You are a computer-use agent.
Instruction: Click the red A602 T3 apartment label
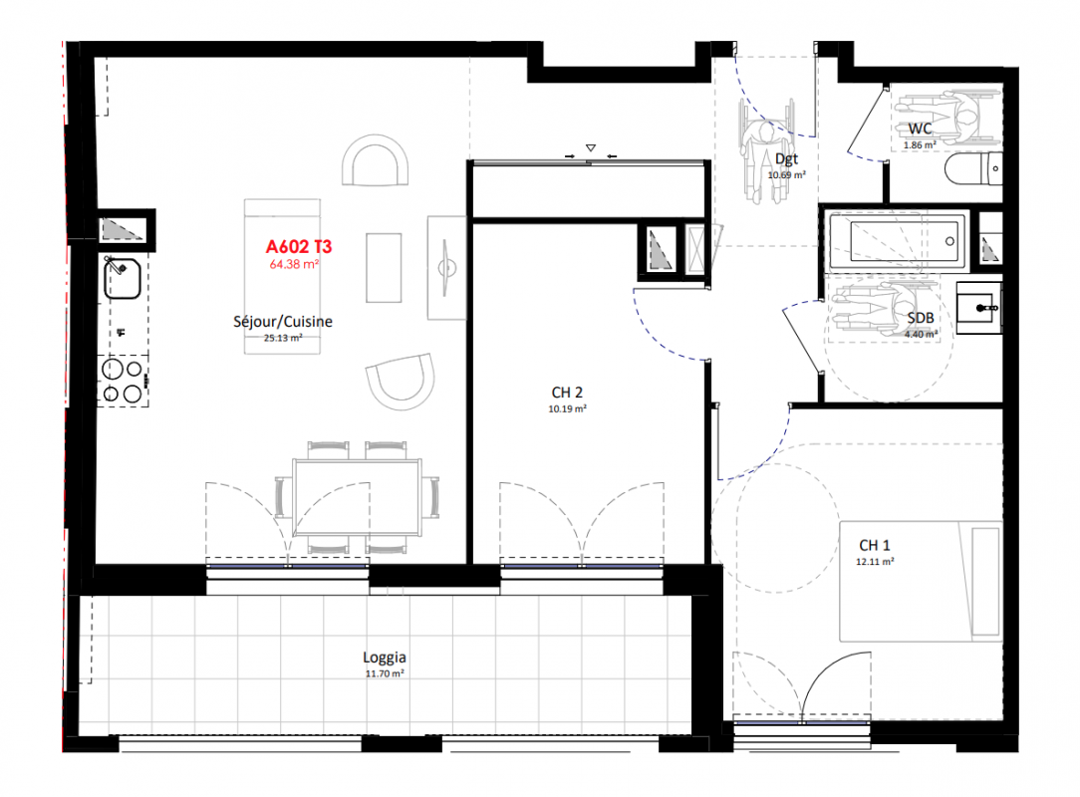click(x=299, y=247)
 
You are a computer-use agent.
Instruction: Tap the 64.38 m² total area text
click(x=294, y=264)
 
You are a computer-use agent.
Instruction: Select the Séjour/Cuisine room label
click(x=282, y=321)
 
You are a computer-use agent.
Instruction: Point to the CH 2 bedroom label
click(x=567, y=392)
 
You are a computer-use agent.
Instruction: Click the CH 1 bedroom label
click(x=874, y=545)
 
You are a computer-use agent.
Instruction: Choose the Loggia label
click(x=385, y=658)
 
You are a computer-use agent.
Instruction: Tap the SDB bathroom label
click(x=921, y=318)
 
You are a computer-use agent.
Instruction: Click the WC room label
click(x=920, y=129)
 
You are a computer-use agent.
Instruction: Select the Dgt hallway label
click(x=786, y=159)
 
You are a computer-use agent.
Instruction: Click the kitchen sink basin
click(x=123, y=278)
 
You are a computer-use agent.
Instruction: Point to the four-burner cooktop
click(x=123, y=381)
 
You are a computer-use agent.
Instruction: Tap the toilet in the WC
click(x=973, y=168)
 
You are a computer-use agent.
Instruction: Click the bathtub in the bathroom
click(x=897, y=240)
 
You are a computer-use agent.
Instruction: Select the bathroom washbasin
click(x=978, y=308)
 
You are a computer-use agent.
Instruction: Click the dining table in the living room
click(x=358, y=497)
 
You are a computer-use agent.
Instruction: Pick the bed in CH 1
click(x=921, y=582)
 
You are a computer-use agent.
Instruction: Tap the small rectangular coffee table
click(x=384, y=267)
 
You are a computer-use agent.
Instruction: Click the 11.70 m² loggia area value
click(x=385, y=673)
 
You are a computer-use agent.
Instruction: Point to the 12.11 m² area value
click(x=875, y=562)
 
